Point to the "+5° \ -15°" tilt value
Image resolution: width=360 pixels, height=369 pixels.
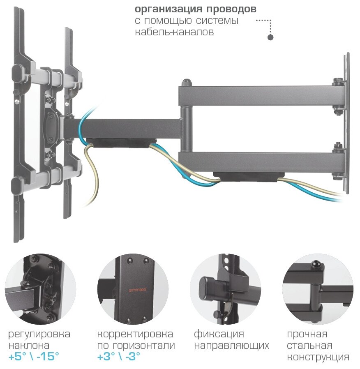(x=34, y=356)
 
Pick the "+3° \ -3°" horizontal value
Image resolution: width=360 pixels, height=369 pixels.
(x=119, y=356)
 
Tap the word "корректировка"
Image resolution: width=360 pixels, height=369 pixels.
(x=135, y=334)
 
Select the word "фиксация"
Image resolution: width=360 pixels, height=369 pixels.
(x=219, y=334)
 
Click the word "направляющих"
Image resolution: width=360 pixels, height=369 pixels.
(x=231, y=345)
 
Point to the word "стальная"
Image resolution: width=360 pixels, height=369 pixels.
(x=309, y=345)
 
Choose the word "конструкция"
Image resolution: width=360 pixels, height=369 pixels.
(x=318, y=357)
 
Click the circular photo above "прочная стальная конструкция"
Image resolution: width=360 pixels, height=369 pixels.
(x=318, y=289)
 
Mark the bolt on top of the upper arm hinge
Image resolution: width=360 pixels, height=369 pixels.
(x=186, y=81)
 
